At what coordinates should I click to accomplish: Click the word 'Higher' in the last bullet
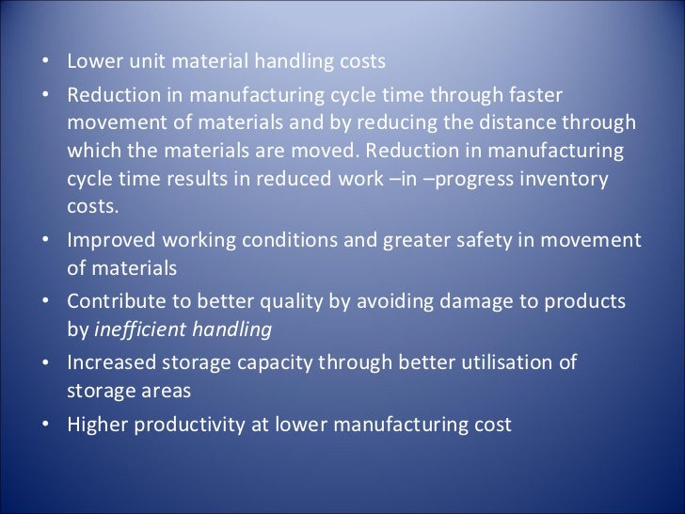[96, 424]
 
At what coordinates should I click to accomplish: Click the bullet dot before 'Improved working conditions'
[47, 241]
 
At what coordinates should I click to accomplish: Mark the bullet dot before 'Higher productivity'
[47, 426]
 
